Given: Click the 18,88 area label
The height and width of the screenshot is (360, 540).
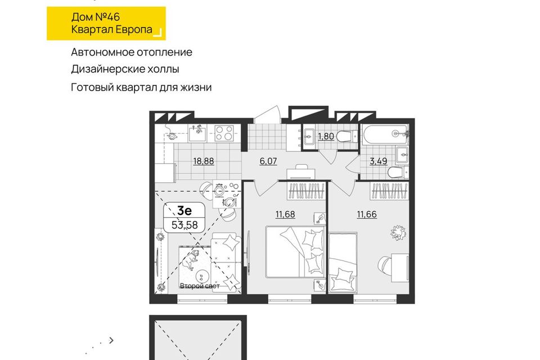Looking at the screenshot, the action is pos(204,161).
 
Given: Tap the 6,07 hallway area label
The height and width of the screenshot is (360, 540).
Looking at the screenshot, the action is pos(268,161).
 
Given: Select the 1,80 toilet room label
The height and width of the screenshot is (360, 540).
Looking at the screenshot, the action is pos(326,137).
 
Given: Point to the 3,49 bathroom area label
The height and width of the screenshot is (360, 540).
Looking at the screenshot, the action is pos(379,161).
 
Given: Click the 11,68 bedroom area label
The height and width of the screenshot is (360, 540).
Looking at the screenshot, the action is pos(285,214).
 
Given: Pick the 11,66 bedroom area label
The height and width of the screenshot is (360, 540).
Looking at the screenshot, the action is pos(367,214).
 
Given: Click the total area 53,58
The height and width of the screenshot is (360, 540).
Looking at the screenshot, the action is pos(184,225).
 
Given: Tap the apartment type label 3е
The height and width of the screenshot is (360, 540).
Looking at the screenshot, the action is pos(184,210).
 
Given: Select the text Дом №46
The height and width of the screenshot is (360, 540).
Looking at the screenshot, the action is pos(96,17).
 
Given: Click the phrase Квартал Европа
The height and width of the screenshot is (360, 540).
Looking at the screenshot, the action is pos(111,30).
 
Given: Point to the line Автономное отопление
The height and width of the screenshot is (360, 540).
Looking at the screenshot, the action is pos(132,52).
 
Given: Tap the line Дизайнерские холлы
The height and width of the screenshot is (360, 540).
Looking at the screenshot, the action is pos(125,69).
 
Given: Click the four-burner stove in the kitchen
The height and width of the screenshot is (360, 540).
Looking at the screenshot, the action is pos(224,133).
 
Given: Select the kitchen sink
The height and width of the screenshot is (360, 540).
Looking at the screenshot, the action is pos(197,133).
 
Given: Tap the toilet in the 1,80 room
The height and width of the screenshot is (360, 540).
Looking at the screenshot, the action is pos(348,137).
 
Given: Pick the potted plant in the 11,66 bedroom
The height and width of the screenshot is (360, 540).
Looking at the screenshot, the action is pos(398,232).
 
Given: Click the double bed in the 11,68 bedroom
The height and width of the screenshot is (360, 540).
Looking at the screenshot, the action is pos(295,251).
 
